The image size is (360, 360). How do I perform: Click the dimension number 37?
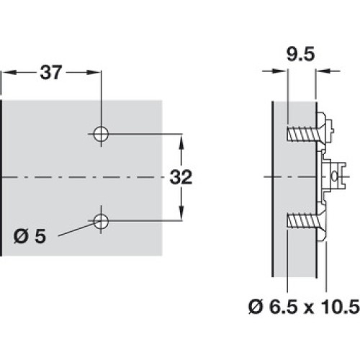click(x=51, y=72)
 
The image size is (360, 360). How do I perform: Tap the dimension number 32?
click(x=181, y=177)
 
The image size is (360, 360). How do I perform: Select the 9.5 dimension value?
click(x=300, y=55)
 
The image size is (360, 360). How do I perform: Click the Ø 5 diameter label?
click(x=30, y=236)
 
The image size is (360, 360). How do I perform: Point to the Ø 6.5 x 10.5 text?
click(x=304, y=307)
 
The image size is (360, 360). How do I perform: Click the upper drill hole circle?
click(x=101, y=134)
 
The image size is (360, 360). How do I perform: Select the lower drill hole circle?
click(x=101, y=221)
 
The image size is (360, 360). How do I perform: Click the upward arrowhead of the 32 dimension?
click(x=181, y=141)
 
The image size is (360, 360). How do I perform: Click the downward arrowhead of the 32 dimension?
click(x=181, y=212)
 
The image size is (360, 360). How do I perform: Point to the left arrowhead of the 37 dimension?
click(x=9, y=72)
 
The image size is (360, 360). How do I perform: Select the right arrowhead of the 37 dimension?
click(x=93, y=72)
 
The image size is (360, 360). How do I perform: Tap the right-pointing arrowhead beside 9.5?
click(x=279, y=71)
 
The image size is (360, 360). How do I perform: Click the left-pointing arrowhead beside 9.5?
click(x=323, y=71)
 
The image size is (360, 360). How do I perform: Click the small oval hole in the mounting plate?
click(x=334, y=177)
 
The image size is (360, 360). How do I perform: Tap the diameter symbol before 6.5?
click(x=256, y=307)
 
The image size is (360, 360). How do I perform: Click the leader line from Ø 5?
click(x=76, y=229)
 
